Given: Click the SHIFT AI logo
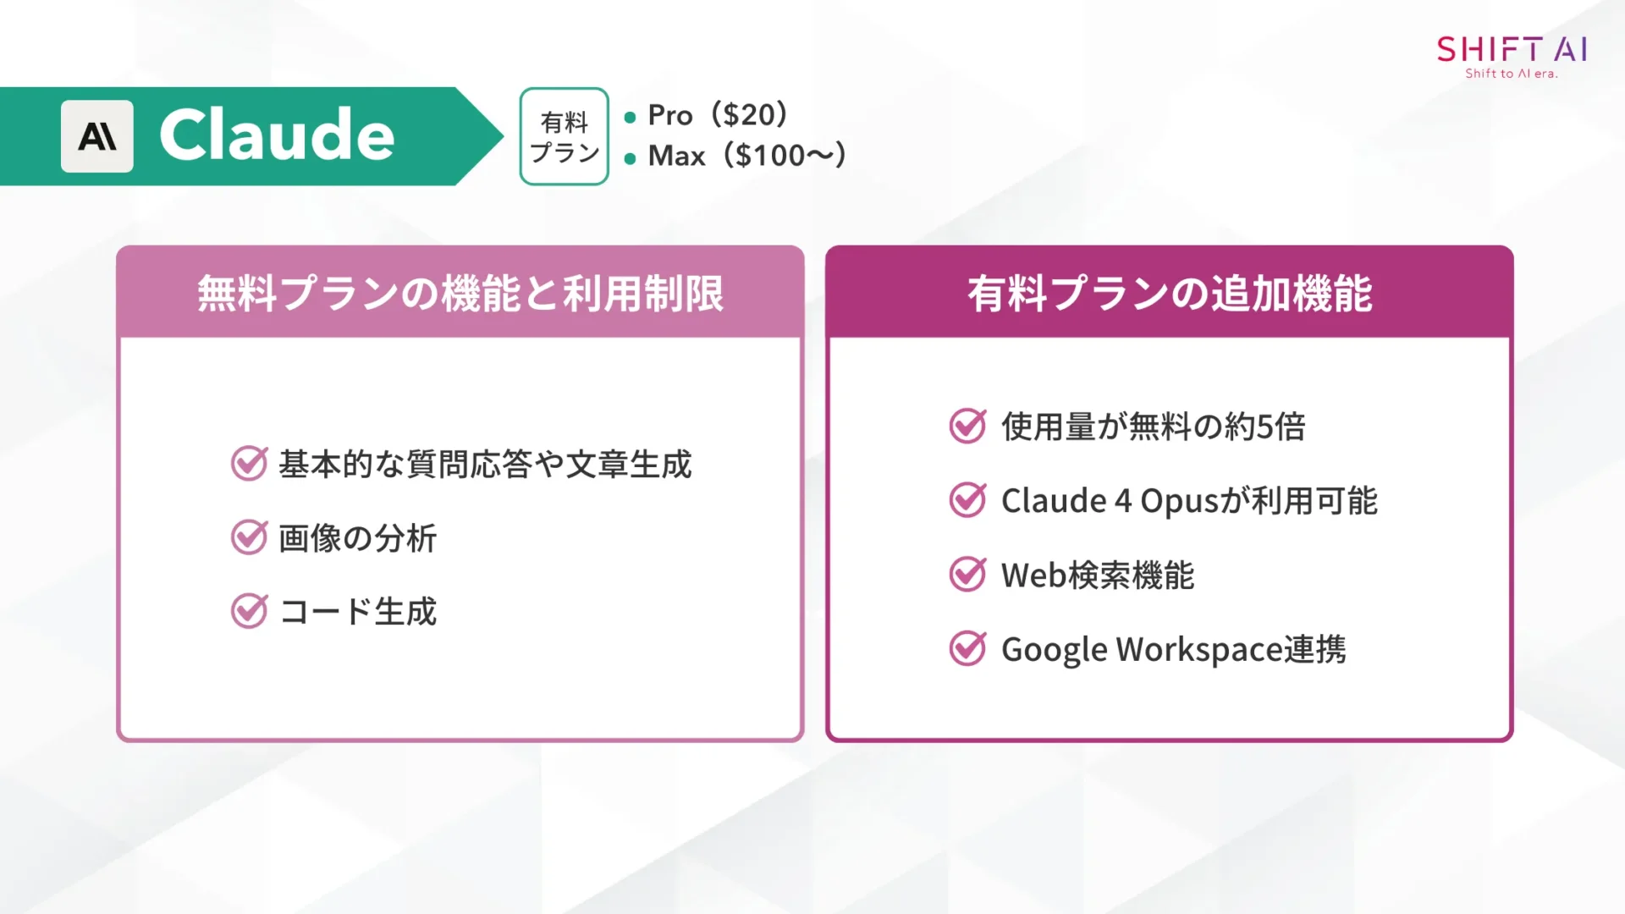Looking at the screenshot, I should click(1512, 49).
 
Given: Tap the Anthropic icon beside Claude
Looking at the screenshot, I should click(97, 136).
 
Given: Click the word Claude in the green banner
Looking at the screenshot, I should click(277, 135).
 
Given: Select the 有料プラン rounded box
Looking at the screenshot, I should click(564, 136).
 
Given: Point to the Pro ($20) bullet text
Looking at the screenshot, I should click(718, 115).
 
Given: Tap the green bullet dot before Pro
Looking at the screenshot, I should click(630, 118).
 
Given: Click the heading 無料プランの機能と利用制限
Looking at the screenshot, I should click(460, 294).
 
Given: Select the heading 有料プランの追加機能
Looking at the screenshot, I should click(1170, 294).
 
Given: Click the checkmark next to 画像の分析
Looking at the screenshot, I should click(250, 537).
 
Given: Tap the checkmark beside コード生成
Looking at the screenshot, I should click(250, 611).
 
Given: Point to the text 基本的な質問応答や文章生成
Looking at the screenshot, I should click(485, 465).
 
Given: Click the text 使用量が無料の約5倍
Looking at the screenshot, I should click(1153, 427).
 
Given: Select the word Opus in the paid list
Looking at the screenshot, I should click(1179, 501).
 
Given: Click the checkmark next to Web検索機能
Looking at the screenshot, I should click(967, 575).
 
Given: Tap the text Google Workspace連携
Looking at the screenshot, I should click(1173, 649).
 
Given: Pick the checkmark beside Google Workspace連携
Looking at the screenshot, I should click(967, 649).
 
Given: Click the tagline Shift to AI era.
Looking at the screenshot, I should click(1512, 74).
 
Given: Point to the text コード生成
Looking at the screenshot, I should click(358, 611).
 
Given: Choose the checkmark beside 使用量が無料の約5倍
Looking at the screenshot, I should click(967, 426).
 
